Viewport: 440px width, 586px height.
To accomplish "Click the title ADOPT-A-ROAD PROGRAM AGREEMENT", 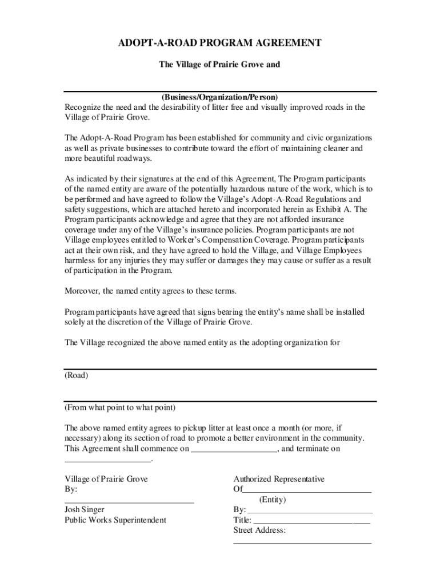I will click(219, 43).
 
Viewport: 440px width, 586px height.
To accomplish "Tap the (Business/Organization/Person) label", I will click(219, 97).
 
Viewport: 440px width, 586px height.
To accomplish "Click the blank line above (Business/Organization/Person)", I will click(219, 91).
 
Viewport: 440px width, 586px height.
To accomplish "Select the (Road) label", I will click(76, 375).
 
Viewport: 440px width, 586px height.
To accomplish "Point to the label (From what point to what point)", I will click(120, 408).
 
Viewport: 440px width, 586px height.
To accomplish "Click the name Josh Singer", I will click(85, 509).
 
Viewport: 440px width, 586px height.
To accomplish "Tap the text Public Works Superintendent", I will click(115, 520).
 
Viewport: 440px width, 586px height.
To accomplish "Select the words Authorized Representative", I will click(279, 479).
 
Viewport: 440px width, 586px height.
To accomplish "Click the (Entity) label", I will click(273, 500).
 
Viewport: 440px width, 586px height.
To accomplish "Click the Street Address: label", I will click(259, 530).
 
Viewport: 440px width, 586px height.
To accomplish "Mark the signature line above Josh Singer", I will click(129, 502).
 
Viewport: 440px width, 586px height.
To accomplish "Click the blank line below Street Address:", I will click(302, 542).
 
